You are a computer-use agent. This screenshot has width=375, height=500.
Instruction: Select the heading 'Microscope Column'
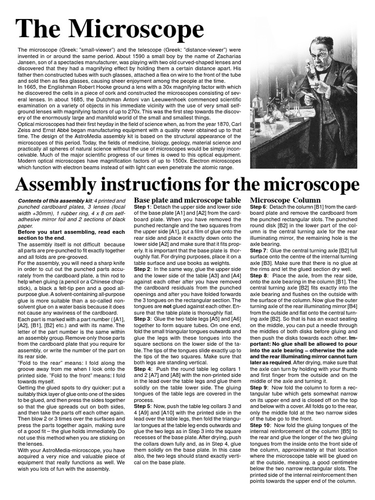285,200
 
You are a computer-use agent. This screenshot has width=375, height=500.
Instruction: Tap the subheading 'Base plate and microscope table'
187,200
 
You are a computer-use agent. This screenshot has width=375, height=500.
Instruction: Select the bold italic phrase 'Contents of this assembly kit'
54,201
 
